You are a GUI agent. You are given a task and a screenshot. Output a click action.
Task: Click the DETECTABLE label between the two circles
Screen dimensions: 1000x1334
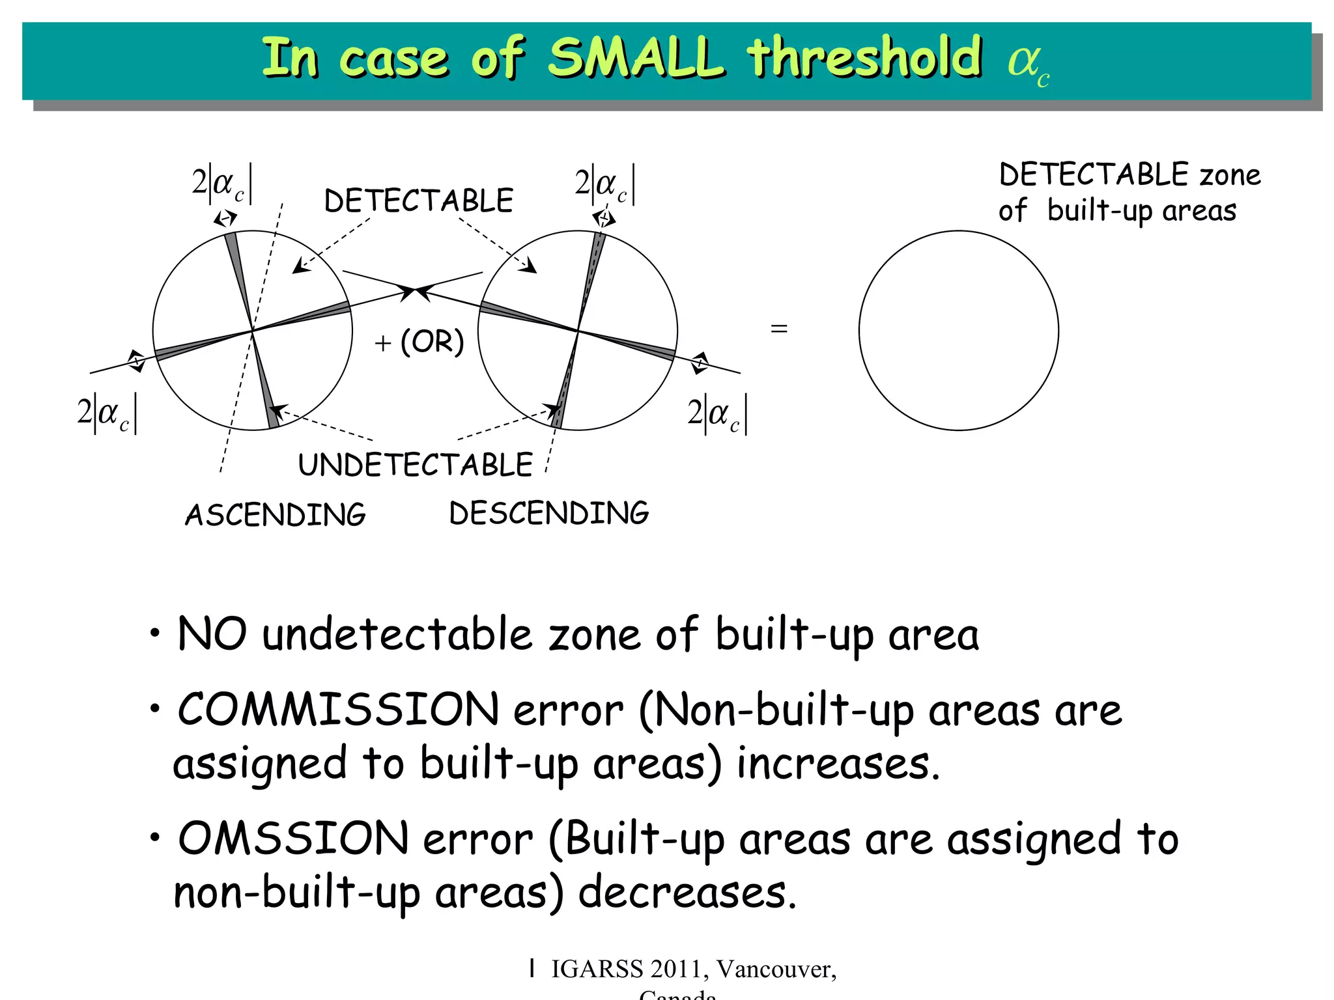[419, 201]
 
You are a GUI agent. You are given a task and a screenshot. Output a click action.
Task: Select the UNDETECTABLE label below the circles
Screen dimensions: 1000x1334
[416, 465]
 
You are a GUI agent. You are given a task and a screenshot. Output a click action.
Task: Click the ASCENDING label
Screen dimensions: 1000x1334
[276, 514]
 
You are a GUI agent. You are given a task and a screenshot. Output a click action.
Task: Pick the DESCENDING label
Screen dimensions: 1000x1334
[549, 513]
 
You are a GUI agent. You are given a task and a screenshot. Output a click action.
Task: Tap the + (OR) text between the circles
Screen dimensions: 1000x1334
[419, 341]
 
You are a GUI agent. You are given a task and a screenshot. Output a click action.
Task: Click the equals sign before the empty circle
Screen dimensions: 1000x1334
[779, 329]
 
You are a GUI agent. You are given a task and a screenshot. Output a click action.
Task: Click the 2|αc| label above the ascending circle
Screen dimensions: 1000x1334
[222, 184]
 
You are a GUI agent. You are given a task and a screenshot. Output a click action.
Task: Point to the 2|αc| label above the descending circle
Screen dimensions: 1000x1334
[605, 184]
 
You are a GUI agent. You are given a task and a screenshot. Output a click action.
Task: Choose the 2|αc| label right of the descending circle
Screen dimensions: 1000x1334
[717, 413]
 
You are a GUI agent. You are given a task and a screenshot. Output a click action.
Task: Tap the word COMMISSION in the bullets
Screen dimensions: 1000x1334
[339, 709]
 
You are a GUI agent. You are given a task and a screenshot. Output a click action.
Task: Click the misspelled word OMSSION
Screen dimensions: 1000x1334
[293, 839]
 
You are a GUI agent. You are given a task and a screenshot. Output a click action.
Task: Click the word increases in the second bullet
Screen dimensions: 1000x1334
[838, 764]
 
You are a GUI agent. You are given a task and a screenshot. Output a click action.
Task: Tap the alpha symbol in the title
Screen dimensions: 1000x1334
[1023, 62]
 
